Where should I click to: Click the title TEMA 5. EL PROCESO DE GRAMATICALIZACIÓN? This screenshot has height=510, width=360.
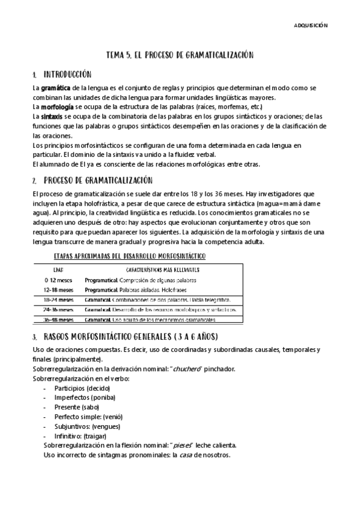(x=180, y=55)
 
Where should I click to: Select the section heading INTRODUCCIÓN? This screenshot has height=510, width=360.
(x=67, y=75)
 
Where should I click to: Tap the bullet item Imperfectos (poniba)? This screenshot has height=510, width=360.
(x=85, y=398)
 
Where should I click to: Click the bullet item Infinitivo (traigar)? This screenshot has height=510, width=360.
(x=82, y=435)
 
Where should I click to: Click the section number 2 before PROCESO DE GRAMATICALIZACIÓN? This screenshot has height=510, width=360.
(x=35, y=180)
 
